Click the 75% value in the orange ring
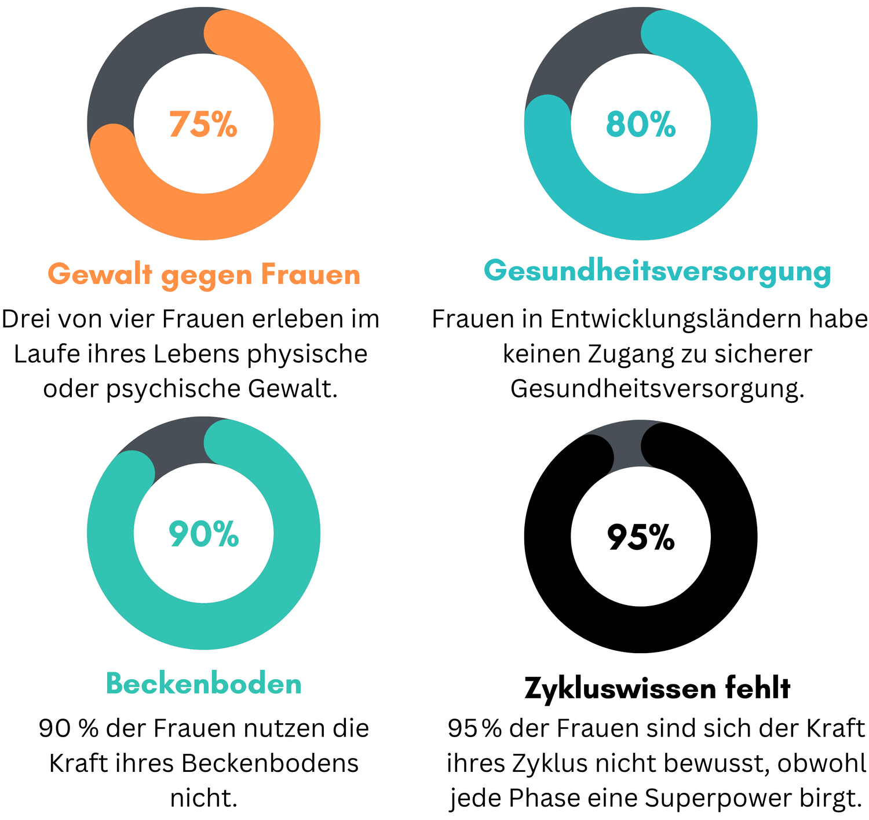[203, 124]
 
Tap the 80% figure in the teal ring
[641, 124]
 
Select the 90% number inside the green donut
[203, 534]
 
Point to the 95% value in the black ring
[641, 537]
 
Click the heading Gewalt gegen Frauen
[204, 274]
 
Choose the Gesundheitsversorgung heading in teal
[658, 271]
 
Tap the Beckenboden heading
[204, 684]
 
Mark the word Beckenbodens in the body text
[270, 763]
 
